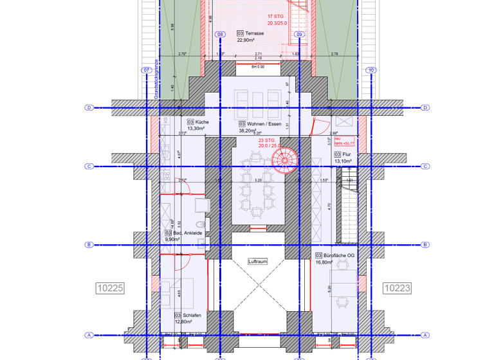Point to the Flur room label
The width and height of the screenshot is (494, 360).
pyautogui.click(x=346, y=154)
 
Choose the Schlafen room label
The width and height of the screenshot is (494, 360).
pyautogui.click(x=192, y=315)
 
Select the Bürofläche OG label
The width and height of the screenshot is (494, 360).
pyautogui.click(x=336, y=255)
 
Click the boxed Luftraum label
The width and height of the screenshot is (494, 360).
pyautogui.click(x=258, y=262)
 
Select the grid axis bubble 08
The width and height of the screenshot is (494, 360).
pyautogui.click(x=220, y=34)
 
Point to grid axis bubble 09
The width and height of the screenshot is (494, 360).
pyautogui.click(x=299, y=34)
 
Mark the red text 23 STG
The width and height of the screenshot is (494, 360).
pyautogui.click(x=268, y=140)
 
